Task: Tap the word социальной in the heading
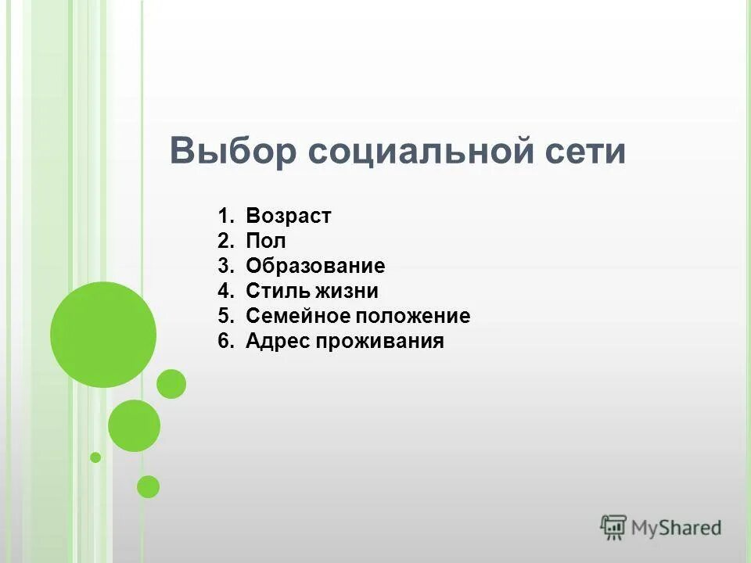pos(419,151)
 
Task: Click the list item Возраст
pos(288,217)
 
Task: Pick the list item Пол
pos(265,242)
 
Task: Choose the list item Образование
pos(315,267)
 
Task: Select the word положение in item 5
pos(414,317)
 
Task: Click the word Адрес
pos(278,342)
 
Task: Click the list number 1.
pos(225,217)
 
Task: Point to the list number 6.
pos(225,342)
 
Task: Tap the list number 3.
pos(225,267)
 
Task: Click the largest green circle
pos(103,335)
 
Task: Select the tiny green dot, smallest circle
pos(95,457)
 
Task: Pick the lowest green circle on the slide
pos(148,487)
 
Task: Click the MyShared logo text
pos(676,528)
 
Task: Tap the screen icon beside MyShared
pos(614,527)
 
